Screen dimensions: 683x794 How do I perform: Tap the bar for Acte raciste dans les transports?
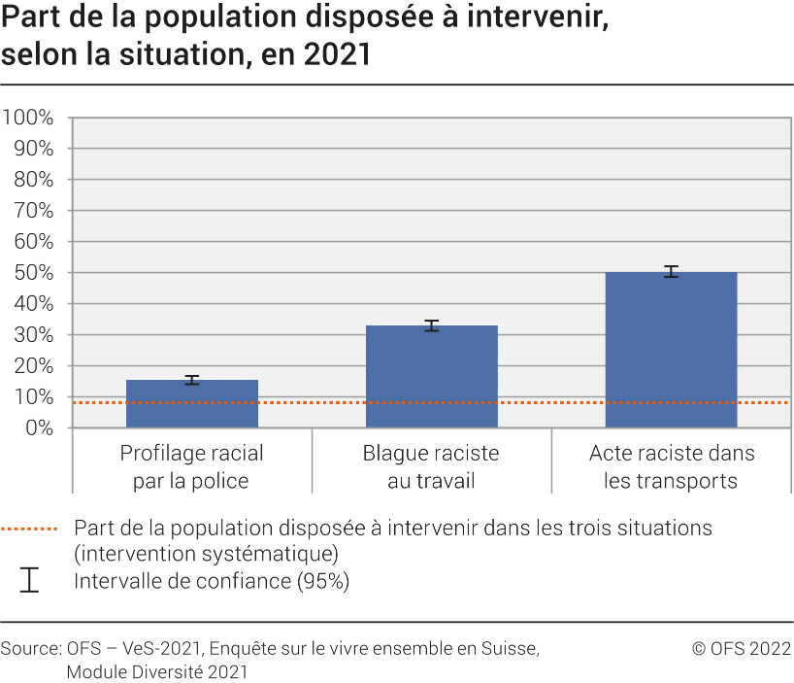click(x=671, y=350)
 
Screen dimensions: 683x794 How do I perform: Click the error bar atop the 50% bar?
click(x=671, y=272)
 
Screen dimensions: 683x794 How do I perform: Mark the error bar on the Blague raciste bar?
click(x=432, y=325)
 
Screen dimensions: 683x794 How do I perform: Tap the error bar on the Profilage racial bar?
click(x=192, y=380)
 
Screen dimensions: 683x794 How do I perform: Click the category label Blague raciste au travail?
click(x=431, y=467)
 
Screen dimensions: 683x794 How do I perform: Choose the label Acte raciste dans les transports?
click(x=672, y=467)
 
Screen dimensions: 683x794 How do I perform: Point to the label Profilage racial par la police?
click(x=192, y=467)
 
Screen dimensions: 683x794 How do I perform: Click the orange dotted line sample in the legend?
click(x=29, y=529)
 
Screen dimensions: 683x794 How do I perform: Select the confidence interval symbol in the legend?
click(x=29, y=581)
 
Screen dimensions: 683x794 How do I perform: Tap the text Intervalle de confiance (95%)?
click(x=211, y=582)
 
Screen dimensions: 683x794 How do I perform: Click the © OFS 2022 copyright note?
click(x=741, y=648)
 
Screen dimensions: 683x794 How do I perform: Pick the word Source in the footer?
click(x=29, y=648)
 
